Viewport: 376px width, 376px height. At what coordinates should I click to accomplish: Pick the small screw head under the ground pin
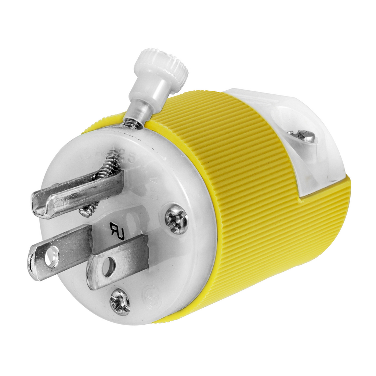[87, 210]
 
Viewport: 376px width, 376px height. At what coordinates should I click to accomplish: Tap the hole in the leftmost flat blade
[52, 256]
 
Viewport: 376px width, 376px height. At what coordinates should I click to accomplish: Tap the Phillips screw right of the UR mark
[176, 219]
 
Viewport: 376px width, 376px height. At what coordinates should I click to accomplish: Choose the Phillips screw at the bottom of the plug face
[120, 302]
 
